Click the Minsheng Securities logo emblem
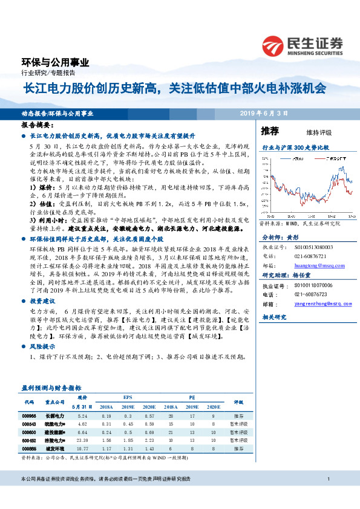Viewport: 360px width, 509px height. [274, 44]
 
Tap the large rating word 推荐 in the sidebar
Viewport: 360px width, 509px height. [269, 131]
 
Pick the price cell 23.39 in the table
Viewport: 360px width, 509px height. [83, 441]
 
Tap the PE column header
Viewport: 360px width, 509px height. [191, 398]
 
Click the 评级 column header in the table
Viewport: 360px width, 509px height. [238, 402]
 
